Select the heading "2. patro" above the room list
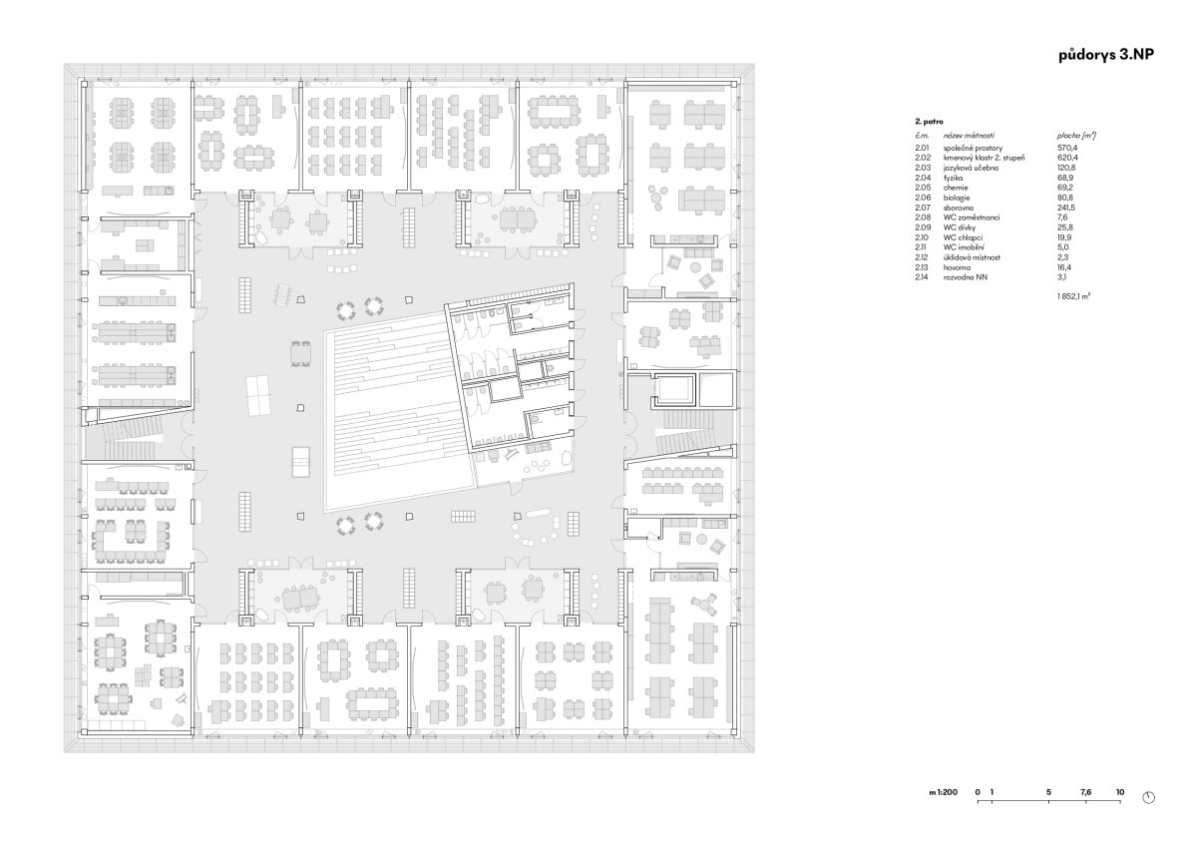pyautogui.click(x=929, y=122)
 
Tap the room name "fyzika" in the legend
pyautogui.click(x=953, y=178)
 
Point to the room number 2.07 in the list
pyautogui.click(x=923, y=208)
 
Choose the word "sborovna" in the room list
pyautogui.click(x=959, y=208)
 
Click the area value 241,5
pyautogui.click(x=1066, y=208)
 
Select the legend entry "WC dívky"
pyautogui.click(x=960, y=227)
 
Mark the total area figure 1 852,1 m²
pyautogui.click(x=1073, y=295)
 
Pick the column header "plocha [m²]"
pyautogui.click(x=1076, y=136)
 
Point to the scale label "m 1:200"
pyautogui.click(x=944, y=792)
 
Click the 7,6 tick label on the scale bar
pyautogui.click(x=1085, y=792)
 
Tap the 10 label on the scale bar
pyautogui.click(x=1120, y=792)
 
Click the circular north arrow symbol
pyautogui.click(x=1148, y=798)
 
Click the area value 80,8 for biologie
pyautogui.click(x=1065, y=198)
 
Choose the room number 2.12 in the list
pyautogui.click(x=923, y=257)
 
